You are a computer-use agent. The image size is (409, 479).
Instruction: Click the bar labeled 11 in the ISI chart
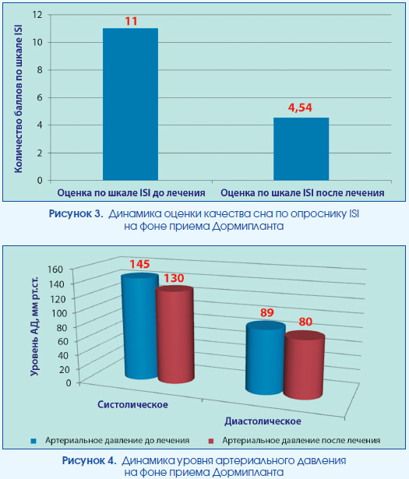tap(130, 104)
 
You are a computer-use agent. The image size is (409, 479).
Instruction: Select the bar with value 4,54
tap(301, 149)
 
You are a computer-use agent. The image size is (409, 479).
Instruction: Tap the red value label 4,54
tap(300, 107)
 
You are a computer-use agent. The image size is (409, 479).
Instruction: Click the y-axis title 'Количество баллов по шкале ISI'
tap(19, 99)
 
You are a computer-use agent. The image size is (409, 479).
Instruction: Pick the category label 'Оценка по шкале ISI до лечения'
tap(131, 192)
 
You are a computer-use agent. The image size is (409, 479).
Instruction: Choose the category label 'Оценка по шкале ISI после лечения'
tap(302, 192)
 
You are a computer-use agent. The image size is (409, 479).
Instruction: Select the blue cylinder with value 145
tap(140, 326)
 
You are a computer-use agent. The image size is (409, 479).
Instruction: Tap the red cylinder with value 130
tap(175, 335)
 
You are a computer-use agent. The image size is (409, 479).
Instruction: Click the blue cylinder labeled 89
tap(266, 357)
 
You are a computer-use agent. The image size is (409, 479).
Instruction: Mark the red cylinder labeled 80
tap(304, 365)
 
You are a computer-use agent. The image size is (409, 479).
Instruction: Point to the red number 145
tap(139, 264)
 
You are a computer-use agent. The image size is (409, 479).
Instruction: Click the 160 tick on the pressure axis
tap(55, 269)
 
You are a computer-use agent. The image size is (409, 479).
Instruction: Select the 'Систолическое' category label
tap(132, 404)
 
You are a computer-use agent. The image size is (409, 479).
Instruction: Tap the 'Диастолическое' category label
tap(263, 421)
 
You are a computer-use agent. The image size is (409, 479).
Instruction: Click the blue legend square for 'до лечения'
tap(33, 441)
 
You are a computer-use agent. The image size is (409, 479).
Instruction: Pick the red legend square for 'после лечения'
tap(210, 441)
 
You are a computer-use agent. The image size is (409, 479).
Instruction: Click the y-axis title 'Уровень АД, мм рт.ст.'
tap(34, 326)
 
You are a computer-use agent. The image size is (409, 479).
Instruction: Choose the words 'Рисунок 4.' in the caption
tap(89, 460)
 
